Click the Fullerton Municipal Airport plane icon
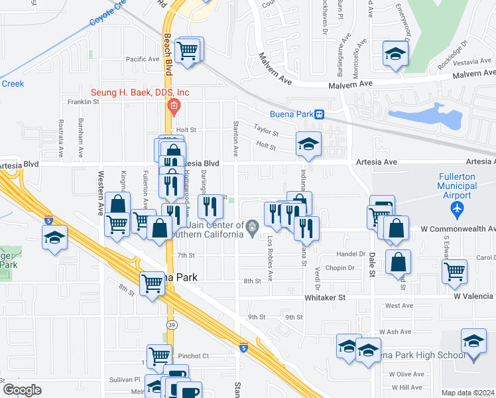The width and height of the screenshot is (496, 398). [x=456, y=210]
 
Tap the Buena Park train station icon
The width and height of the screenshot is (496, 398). [x=320, y=114]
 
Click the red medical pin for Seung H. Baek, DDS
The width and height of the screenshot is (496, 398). [x=174, y=106]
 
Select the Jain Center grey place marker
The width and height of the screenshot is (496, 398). [x=252, y=229]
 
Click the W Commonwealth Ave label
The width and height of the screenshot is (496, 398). [x=458, y=229]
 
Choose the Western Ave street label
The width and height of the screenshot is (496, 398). [x=101, y=192]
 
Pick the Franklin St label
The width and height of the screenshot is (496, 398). [x=84, y=102]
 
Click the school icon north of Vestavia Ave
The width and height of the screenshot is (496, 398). [x=395, y=54]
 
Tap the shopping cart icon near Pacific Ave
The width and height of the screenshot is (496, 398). [x=190, y=49]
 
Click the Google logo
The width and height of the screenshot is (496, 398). [x=22, y=390]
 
